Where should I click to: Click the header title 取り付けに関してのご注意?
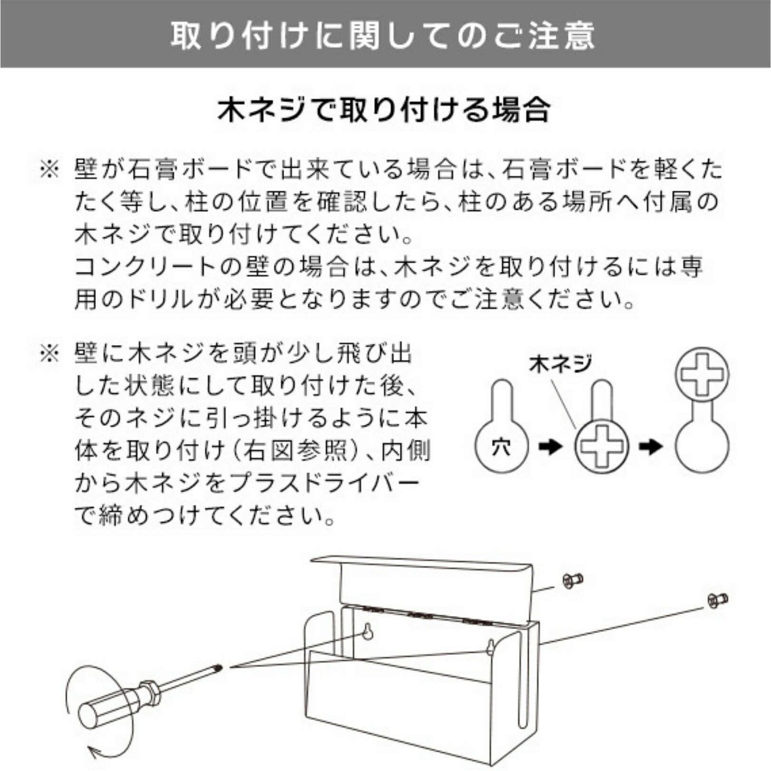[383, 36]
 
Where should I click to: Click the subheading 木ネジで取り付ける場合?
[384, 110]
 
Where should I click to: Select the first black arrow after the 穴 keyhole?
[550, 446]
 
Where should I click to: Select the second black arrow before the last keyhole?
[651, 446]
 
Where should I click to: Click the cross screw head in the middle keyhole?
[601, 447]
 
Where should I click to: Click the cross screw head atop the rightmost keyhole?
[702, 374]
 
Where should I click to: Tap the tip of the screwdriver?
[220, 668]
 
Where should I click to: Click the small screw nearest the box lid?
[572, 580]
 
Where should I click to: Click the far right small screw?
[717, 600]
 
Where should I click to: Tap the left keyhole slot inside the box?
[368, 631]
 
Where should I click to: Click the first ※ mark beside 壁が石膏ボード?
[49, 170]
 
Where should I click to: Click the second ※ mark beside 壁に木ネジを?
[49, 354]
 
